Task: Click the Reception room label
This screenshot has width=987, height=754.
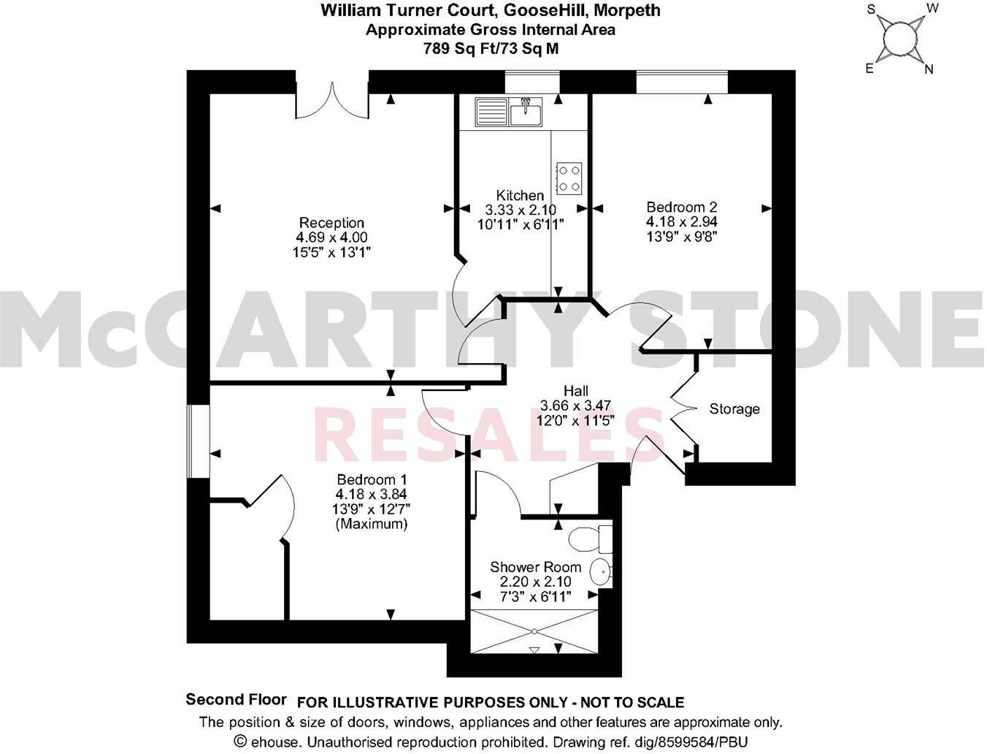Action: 331,223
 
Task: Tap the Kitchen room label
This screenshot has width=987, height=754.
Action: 520,195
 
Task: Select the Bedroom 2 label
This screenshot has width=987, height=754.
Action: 676,207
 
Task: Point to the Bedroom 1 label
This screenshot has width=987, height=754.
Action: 371,480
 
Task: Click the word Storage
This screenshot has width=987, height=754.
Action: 734,409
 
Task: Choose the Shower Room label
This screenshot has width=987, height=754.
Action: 535,567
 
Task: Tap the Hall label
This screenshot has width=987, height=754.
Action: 575,391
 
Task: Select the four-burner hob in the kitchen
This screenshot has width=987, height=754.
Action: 569,178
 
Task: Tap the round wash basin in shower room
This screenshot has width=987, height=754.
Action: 601,571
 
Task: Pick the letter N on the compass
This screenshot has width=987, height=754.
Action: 929,70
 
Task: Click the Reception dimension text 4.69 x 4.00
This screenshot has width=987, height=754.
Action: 331,237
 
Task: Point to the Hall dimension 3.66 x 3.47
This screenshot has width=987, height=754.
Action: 575,405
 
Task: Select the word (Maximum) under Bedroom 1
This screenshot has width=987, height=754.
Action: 371,524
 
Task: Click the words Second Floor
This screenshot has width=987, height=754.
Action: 236,699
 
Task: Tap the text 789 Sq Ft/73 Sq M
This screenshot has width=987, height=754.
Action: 491,48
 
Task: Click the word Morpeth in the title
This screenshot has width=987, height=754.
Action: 629,10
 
